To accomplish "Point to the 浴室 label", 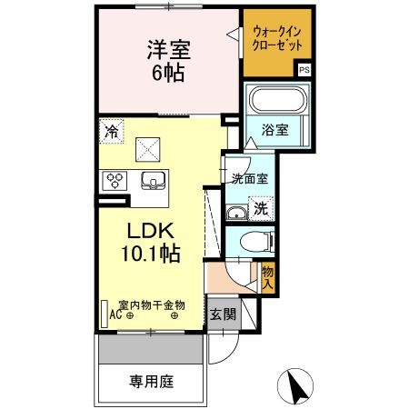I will tap(277, 130).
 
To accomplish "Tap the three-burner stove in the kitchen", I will tap(115, 179).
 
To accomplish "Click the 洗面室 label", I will tap(248, 179).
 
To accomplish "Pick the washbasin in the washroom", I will tap(236, 214).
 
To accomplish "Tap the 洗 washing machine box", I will tap(260, 207).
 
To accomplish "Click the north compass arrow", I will tap(297, 388).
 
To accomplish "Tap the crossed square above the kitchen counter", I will tap(147, 147).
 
